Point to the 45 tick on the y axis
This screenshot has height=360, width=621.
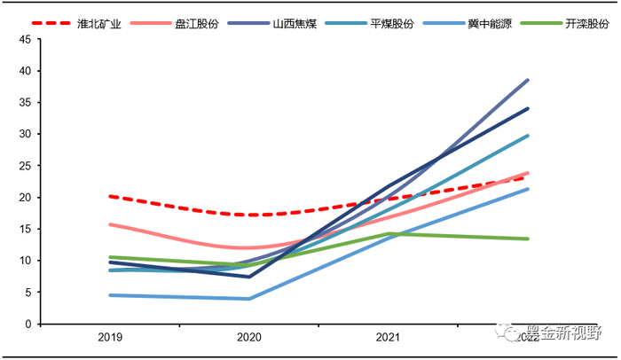tap(24, 39)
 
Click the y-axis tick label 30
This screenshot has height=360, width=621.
tap(24, 134)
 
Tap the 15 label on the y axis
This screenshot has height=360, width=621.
tap(24, 229)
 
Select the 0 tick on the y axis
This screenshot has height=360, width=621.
tap(28, 325)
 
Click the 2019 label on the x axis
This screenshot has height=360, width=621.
tap(110, 338)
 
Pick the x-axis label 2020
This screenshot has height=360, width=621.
tap(249, 338)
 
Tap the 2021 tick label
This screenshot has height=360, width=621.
tap(388, 338)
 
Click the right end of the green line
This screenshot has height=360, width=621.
tap(528, 239)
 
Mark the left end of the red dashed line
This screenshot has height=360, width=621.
tap(110, 196)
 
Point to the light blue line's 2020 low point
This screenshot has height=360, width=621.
tap(249, 299)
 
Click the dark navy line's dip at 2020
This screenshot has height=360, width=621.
tap(249, 277)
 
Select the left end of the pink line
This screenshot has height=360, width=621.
tap(110, 224)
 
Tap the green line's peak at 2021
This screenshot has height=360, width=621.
tap(389, 233)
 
